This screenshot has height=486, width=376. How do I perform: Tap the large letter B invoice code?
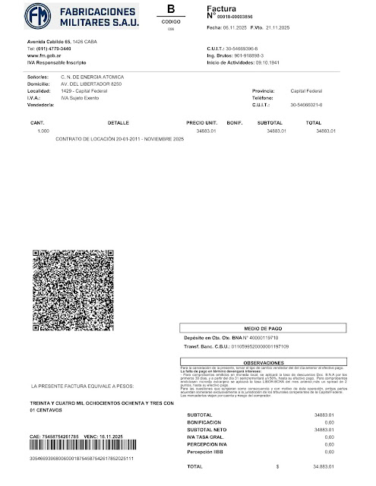(170, 9)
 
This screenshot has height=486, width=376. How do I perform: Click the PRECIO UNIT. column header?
(201, 121)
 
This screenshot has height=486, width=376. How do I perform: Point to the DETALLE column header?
(118, 121)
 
